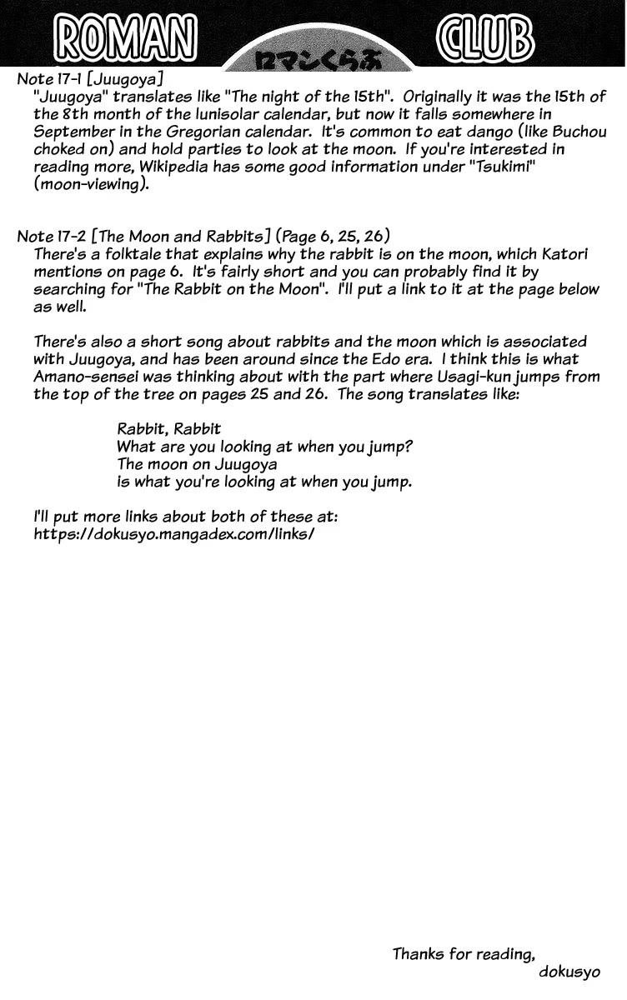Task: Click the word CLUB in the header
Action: (484, 38)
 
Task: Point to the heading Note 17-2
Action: (56, 236)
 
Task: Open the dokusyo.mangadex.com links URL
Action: (173, 534)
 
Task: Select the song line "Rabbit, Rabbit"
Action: (169, 429)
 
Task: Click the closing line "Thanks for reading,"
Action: (463, 953)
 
